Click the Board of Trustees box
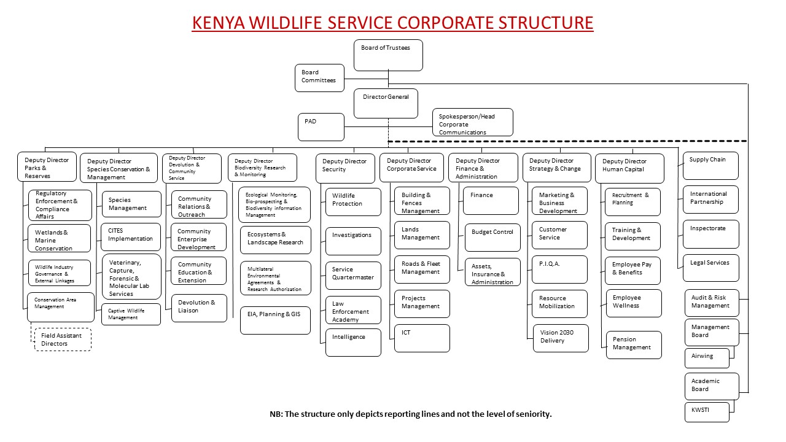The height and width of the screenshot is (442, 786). point(388,55)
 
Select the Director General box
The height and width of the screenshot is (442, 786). point(386,103)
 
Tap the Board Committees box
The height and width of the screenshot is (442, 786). point(319,78)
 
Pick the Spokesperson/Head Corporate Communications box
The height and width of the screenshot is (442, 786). point(473,122)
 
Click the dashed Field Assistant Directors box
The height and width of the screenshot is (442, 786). point(63,339)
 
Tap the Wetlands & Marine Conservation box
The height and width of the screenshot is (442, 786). point(60,239)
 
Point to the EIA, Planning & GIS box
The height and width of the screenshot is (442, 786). point(275,320)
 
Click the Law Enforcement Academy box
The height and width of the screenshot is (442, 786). point(353,310)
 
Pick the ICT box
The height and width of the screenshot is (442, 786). point(422,338)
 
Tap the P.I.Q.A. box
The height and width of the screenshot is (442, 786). point(559,269)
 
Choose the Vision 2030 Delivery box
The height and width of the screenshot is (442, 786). point(561,338)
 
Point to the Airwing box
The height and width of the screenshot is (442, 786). point(707,357)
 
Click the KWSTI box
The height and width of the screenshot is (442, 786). point(707,412)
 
